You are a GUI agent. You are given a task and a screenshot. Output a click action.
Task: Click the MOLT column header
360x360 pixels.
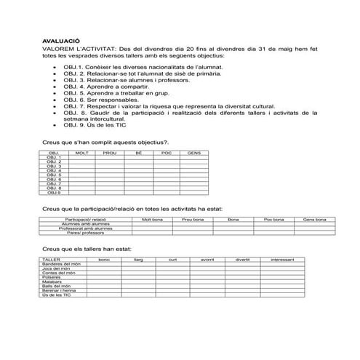(82, 153)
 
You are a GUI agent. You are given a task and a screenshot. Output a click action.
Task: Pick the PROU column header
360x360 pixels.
(110, 153)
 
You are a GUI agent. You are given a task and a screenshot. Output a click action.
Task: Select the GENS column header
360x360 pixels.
(193, 153)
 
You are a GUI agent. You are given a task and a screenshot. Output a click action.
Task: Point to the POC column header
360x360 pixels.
(166, 153)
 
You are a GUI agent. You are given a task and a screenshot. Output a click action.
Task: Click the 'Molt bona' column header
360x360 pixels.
(152, 218)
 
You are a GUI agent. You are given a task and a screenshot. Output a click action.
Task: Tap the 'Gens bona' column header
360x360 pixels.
(313, 218)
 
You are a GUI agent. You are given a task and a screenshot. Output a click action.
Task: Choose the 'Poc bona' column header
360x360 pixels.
(273, 218)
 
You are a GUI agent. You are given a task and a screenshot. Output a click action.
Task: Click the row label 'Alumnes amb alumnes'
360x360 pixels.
(86, 224)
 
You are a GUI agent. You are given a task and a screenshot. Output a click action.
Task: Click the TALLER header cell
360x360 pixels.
(52, 259)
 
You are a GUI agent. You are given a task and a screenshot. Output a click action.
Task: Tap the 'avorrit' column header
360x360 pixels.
(207, 259)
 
